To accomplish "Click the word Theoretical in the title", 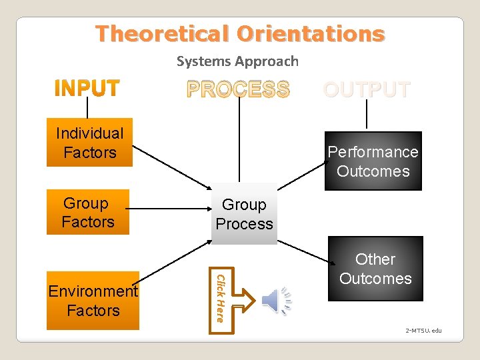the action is coord(163,33).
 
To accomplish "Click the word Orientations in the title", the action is coord(311,33).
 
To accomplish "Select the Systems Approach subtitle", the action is coord(237,61).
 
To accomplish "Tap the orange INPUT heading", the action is coord(87,89).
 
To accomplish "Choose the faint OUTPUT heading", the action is coord(366,89).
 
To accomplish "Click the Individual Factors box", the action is coord(89,143).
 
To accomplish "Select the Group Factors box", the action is coord(87,213).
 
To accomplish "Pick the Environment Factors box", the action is coord(93,301).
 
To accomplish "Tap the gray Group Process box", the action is coord(244,214).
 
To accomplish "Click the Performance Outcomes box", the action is coord(373,161).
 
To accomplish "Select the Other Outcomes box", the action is coord(375,269).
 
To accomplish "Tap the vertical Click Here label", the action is coord(221,297).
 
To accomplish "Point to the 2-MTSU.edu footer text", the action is coord(424,331).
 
